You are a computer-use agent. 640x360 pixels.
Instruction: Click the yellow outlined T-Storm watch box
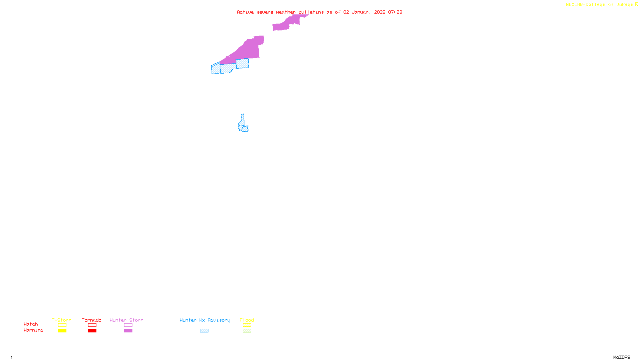(x=62, y=325)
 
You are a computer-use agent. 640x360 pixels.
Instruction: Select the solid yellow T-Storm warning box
(x=62, y=331)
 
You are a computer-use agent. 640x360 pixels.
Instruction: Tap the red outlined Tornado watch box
(x=92, y=325)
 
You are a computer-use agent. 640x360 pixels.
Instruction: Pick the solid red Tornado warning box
(x=92, y=331)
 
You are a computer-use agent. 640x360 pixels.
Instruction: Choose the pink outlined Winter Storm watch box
(x=128, y=325)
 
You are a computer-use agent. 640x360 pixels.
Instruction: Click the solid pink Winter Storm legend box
(x=128, y=331)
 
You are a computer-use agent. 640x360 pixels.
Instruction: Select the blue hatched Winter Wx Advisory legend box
(x=204, y=331)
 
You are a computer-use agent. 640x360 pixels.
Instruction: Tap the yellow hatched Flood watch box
(x=247, y=325)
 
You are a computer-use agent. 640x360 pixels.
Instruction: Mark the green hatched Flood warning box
(x=247, y=331)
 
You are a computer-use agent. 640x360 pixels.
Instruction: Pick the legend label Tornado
(x=92, y=320)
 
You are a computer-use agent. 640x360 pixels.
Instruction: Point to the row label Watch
(x=31, y=324)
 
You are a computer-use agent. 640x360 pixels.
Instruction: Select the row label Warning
(x=34, y=330)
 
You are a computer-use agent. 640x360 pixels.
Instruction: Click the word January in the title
(x=362, y=12)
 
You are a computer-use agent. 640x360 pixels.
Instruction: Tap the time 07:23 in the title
(x=395, y=12)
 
